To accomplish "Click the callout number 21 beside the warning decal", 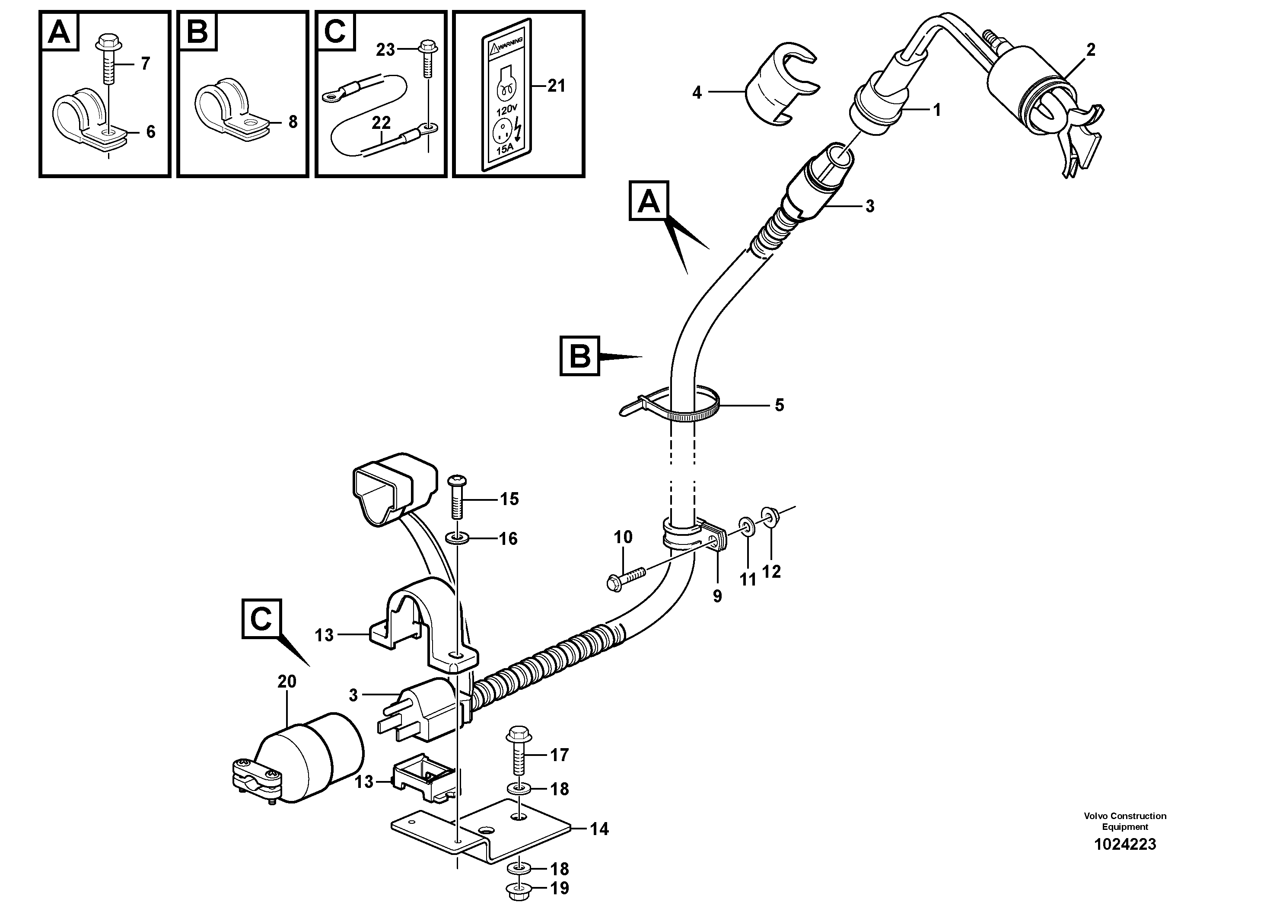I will tap(556, 86).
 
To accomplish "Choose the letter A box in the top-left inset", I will tap(59, 32).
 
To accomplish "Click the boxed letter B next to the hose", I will tap(580, 356).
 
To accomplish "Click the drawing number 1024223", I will tap(1125, 860).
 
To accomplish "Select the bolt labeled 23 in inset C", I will tap(427, 57).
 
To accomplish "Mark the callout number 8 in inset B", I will tap(293, 122).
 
